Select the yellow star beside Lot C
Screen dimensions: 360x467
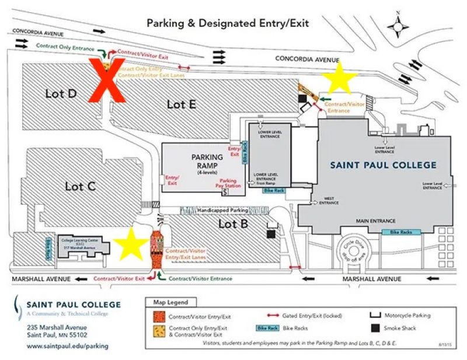tap(131, 243)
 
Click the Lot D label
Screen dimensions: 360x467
tap(61, 93)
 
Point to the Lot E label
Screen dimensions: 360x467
tap(181, 104)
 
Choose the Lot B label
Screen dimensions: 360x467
tap(233, 223)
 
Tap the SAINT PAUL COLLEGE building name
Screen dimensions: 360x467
tap(383, 165)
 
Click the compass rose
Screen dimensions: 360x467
tap(398, 26)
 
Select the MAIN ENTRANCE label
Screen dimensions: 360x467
tap(376, 221)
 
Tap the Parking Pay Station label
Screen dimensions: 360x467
tap(228, 183)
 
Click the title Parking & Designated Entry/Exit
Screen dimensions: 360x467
tap(228, 23)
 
